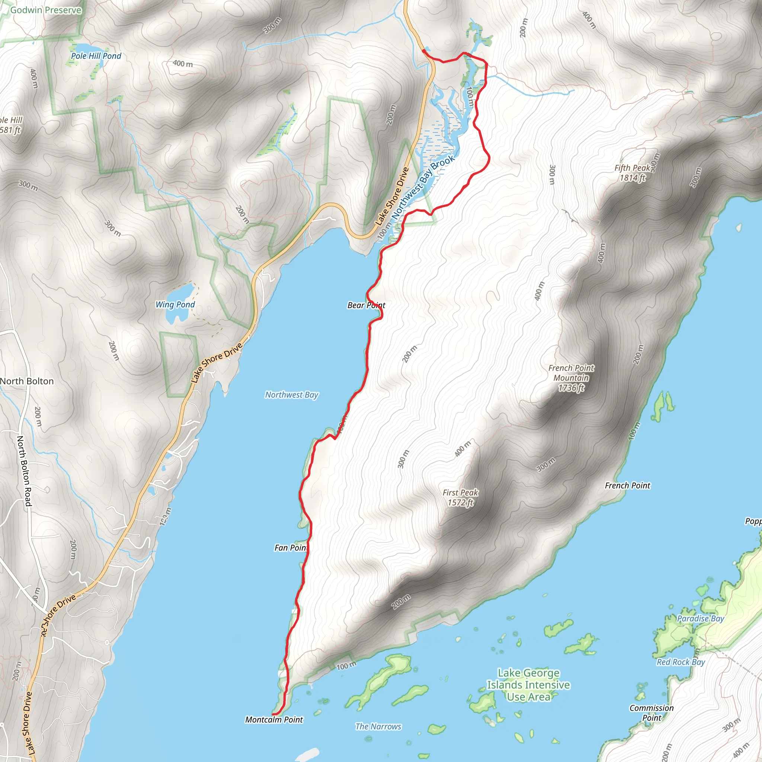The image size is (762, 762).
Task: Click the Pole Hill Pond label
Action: [x=96, y=56]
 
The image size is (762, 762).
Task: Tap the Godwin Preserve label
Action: [x=46, y=10]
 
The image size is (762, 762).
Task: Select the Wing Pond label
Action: [x=175, y=304]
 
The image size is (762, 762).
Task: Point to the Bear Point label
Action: [x=366, y=305]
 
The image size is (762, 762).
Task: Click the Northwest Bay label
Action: [x=291, y=395]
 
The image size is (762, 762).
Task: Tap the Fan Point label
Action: [x=291, y=548]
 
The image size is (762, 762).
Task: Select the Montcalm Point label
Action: [x=274, y=720]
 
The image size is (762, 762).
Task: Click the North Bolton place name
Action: [x=27, y=381]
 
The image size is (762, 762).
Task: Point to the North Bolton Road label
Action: [x=24, y=471]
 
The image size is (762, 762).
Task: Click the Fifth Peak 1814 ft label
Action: [x=632, y=173]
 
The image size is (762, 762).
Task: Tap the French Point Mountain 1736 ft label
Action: [x=571, y=378]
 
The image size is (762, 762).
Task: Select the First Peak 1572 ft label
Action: [x=460, y=497]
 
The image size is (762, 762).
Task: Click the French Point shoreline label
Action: [x=628, y=486]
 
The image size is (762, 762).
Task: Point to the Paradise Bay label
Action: [x=701, y=618]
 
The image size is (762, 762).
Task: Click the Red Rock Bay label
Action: [x=681, y=662]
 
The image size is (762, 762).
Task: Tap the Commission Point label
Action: [x=651, y=713]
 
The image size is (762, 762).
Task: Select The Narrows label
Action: [x=378, y=727]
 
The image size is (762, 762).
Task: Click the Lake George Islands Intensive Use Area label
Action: [x=528, y=685]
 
